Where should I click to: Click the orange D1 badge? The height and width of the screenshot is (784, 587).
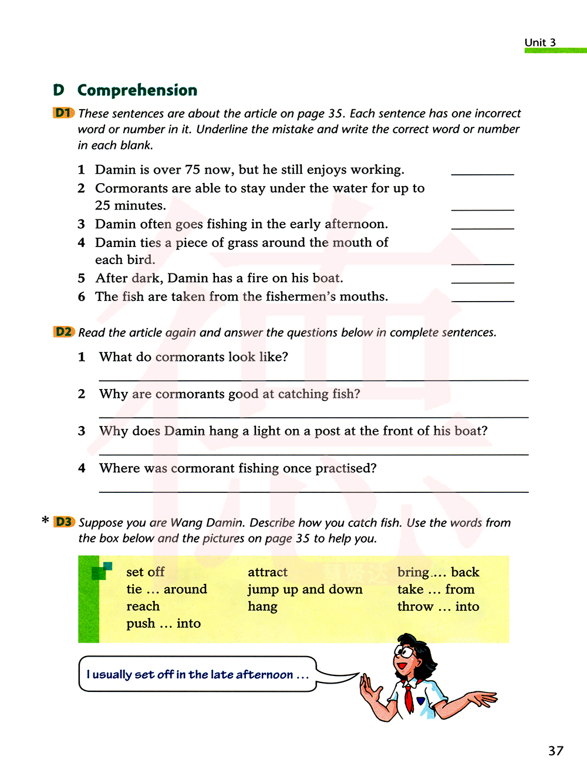[63, 113]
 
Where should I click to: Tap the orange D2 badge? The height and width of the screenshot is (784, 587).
[63, 332]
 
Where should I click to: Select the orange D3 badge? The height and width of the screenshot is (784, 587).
[64, 522]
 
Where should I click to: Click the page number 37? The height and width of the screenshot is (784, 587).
[555, 751]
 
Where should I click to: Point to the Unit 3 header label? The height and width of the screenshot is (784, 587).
[540, 42]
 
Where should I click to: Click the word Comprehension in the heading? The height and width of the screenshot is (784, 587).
[137, 90]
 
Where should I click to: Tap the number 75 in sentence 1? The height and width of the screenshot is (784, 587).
[193, 170]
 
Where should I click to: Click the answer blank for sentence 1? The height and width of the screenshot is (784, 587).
[482, 173]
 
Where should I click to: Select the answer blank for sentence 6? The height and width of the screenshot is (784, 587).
[482, 300]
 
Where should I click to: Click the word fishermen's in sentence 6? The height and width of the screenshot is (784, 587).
[301, 296]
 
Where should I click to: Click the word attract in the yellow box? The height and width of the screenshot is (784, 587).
[268, 572]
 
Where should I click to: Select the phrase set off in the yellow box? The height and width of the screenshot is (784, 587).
[146, 572]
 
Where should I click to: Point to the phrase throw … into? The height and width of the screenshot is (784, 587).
[438, 606]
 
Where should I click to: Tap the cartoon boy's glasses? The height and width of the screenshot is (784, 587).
[405, 651]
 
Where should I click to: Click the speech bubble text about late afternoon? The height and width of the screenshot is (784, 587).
[197, 674]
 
